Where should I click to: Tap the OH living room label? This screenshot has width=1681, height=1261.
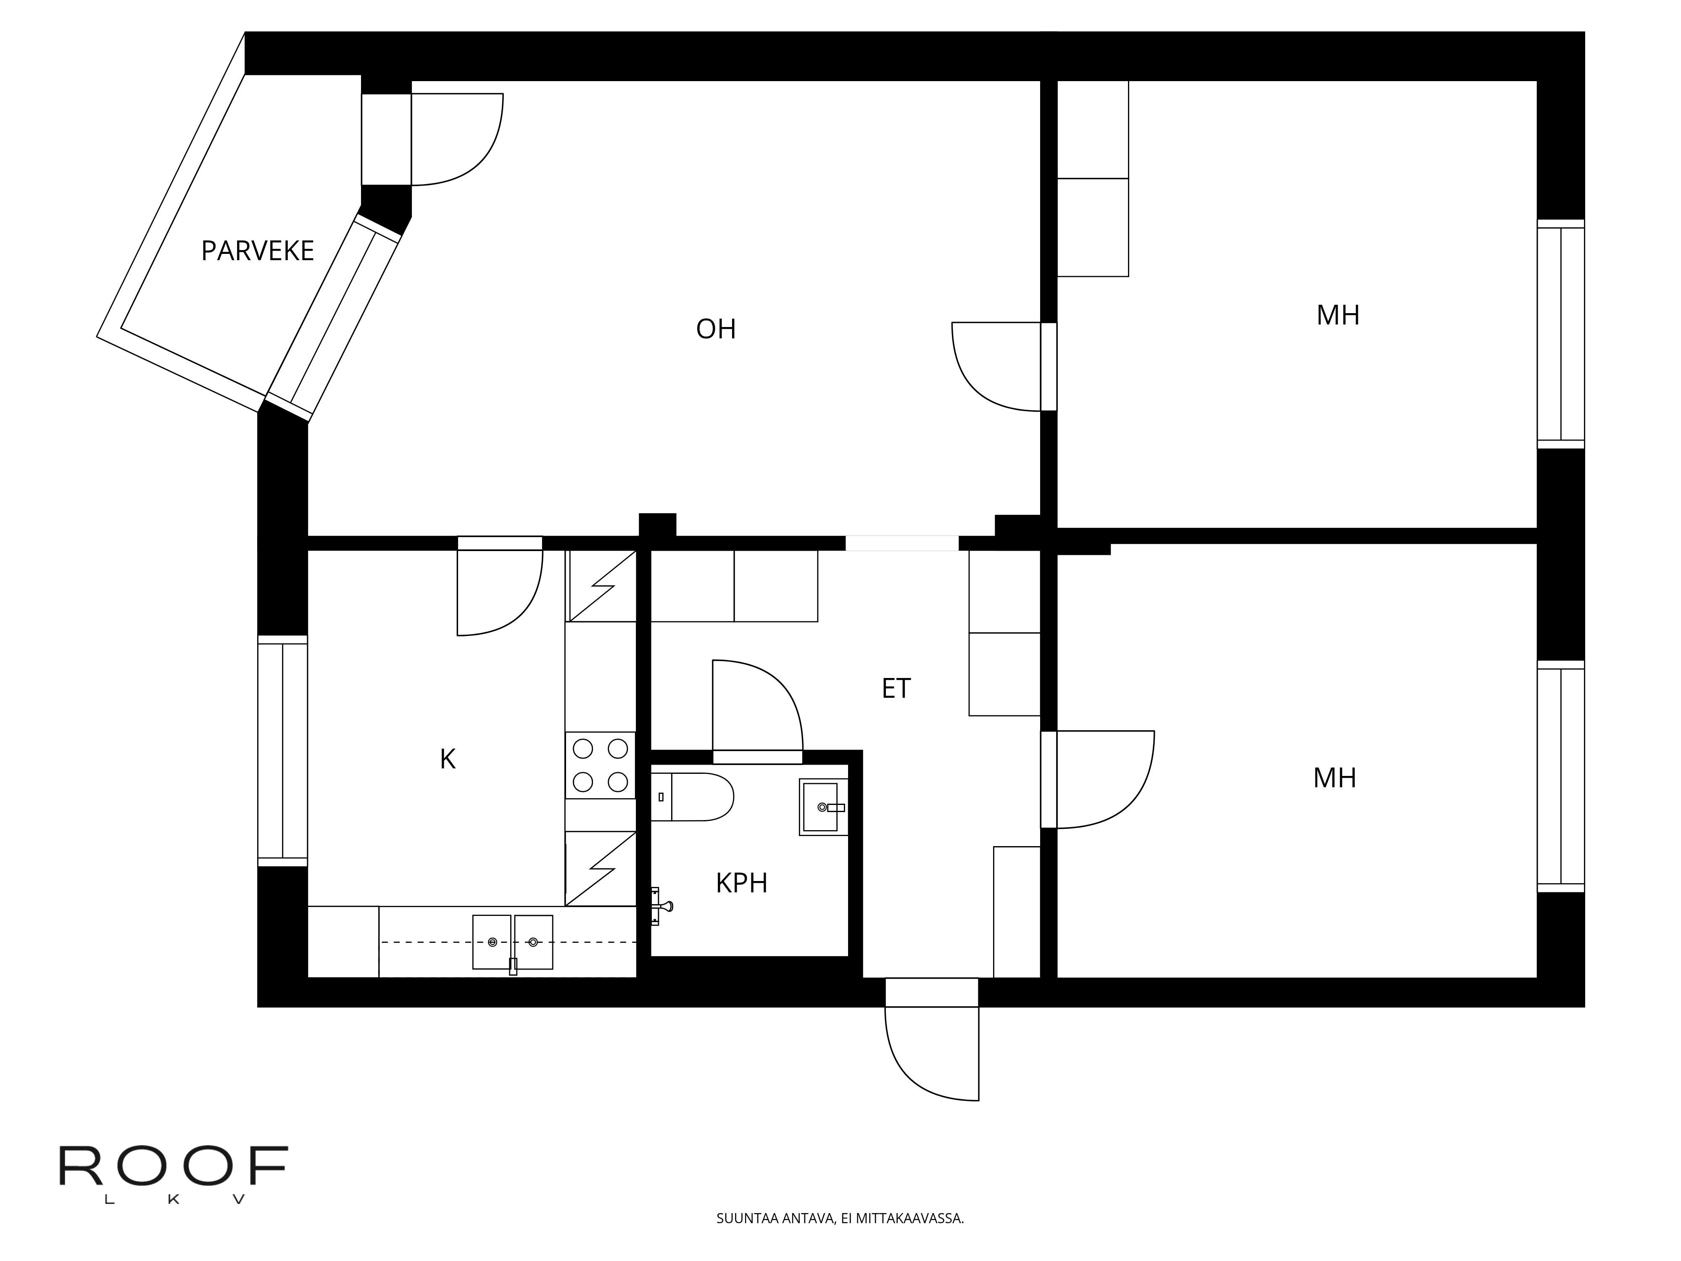coord(716,329)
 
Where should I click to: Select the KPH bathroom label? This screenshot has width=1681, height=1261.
coord(742,883)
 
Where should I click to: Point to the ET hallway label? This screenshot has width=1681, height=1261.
coord(896,689)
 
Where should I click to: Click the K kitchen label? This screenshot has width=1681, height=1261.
coord(448,760)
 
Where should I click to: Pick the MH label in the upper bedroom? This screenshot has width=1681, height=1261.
coord(1338,315)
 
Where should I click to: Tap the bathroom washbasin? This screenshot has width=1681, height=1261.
coord(823,807)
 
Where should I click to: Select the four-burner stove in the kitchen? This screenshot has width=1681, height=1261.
coord(601,765)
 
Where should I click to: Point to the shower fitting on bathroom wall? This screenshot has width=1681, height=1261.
coord(661,906)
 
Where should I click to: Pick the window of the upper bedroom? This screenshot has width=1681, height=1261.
coord(1561,335)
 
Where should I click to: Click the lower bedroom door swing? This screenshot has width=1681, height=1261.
coord(1106,779)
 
